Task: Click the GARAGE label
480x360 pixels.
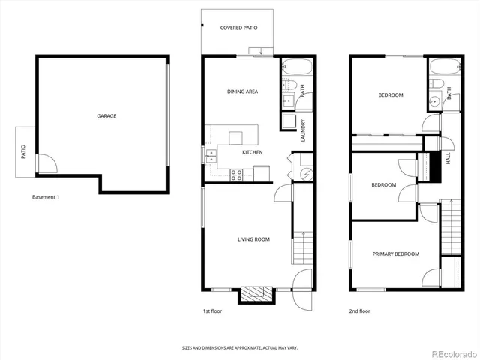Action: [x=106, y=116]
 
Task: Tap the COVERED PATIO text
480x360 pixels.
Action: [x=238, y=28]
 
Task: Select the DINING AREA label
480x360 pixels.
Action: [x=242, y=91]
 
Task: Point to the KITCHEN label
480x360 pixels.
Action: [x=252, y=152]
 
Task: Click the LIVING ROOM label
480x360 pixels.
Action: [x=253, y=239]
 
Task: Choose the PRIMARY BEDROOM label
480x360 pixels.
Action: [x=395, y=253]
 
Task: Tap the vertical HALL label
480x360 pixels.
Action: [x=448, y=160]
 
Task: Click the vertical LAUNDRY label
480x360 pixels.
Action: [x=303, y=130]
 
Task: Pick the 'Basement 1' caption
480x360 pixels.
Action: [x=46, y=197]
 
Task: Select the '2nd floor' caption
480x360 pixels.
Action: [x=359, y=310]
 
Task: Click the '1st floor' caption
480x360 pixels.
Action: [x=212, y=310]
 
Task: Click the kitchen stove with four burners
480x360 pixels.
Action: [x=236, y=175]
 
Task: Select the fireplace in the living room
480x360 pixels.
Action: [x=256, y=294]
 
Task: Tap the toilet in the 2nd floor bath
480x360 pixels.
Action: [x=436, y=84]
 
